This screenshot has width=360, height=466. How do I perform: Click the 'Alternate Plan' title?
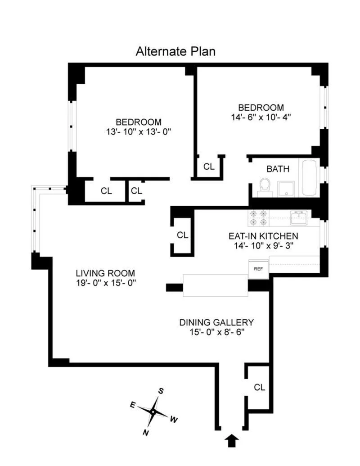coord(175,51)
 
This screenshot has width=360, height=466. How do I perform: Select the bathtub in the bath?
coord(309,177)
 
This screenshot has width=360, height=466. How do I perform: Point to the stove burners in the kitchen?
coord(258,218)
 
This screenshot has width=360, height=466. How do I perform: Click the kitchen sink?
coord(298,217)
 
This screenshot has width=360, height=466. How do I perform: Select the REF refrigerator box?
coord(258,269)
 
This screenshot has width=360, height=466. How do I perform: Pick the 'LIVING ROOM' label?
coord(105,273)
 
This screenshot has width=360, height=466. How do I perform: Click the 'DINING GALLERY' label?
coord(216,322)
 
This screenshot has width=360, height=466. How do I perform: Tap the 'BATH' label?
coord(278,169)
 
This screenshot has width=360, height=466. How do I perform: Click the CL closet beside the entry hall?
coord(259,387)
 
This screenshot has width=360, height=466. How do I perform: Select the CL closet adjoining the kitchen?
coord(182,235)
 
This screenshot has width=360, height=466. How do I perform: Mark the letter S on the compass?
coord(161,391)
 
